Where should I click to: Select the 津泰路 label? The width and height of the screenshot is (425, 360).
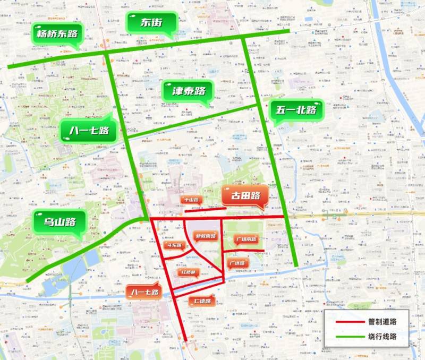coord(187,91)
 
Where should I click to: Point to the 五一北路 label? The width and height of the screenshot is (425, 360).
coord(296,111)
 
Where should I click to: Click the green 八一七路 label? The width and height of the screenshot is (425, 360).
coord(88,130)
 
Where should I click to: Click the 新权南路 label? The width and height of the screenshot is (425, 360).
coord(205,236)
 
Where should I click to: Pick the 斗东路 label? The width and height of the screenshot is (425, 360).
coord(174,245)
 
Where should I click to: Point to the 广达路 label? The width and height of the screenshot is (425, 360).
coord(237,263)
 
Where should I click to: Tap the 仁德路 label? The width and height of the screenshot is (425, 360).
coord(202,301)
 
